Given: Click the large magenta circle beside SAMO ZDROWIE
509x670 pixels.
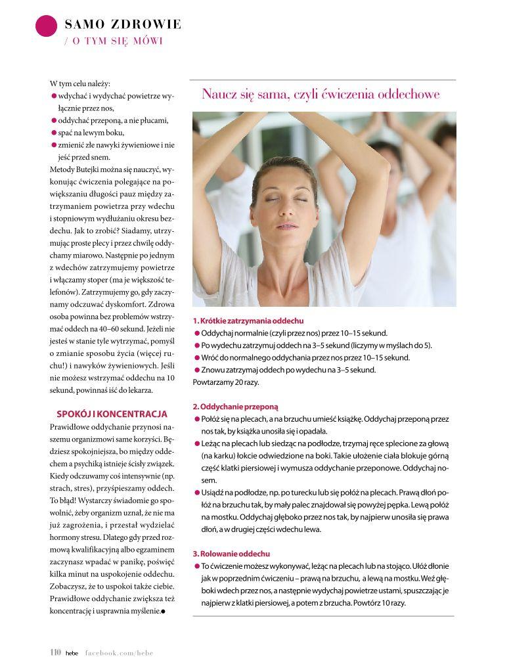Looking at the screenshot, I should coord(46,26).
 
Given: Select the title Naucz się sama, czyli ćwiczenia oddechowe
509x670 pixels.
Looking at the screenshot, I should coord(321,95).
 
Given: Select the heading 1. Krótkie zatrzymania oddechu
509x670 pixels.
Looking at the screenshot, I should coord(248,321).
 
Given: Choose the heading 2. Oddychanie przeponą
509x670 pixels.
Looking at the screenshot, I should coord(236,407).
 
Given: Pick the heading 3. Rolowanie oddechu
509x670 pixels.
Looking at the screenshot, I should coord(231,554).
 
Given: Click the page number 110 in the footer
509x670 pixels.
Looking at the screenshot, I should coord(55,653).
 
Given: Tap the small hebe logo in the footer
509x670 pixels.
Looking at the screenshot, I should coord(72,654).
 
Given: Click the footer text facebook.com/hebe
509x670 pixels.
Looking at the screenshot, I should coord(119,654).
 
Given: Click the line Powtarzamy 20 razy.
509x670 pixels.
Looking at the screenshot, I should coord(225,382).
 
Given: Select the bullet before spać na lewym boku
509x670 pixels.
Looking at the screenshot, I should coord(54,133).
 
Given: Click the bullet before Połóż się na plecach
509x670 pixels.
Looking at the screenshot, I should coord(197,418).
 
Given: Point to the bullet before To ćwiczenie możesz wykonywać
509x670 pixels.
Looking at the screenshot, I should coord(197,566).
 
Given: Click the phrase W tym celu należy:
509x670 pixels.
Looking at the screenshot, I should coord(80,83).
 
